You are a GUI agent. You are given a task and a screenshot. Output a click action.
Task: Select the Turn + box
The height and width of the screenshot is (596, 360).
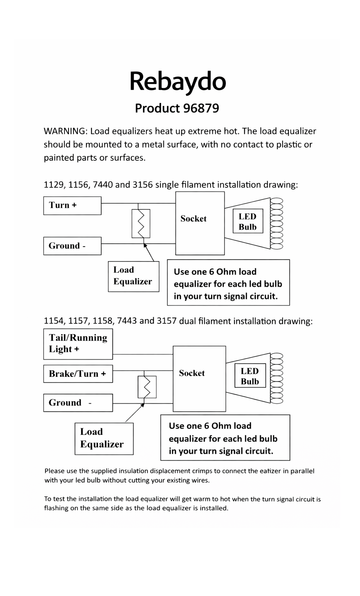click(72, 205)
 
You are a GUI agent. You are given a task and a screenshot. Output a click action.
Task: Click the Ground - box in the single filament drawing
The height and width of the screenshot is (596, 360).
click(72, 246)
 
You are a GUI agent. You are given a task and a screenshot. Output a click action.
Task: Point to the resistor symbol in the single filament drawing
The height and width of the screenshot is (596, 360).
click(140, 223)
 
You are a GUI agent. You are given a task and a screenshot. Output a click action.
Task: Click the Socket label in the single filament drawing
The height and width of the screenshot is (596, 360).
click(193, 219)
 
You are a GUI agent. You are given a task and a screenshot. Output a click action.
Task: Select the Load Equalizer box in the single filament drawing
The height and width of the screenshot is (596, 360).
click(133, 276)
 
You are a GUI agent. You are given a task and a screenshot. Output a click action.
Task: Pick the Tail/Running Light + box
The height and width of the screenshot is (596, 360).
click(78, 344)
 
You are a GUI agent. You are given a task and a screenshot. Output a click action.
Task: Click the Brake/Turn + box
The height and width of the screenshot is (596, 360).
click(78, 374)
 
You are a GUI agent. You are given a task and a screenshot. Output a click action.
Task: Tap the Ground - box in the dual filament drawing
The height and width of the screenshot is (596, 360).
click(78, 403)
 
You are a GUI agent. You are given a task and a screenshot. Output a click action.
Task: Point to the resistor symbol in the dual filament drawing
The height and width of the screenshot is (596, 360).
click(147, 387)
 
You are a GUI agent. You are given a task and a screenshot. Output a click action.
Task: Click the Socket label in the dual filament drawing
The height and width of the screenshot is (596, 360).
click(192, 373)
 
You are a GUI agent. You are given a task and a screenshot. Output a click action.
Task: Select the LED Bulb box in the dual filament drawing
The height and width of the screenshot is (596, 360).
click(250, 376)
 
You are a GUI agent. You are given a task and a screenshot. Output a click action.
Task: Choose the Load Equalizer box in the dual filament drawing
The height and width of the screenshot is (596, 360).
click(104, 438)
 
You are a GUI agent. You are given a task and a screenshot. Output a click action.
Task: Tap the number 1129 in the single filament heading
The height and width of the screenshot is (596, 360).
click(54, 185)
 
